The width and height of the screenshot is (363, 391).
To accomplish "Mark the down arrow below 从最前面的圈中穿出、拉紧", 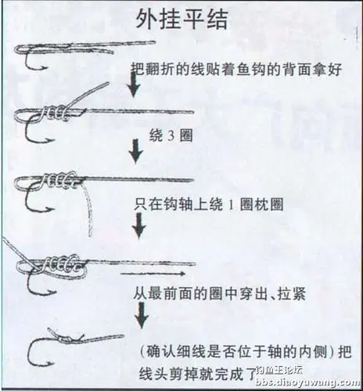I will point(141,314).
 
